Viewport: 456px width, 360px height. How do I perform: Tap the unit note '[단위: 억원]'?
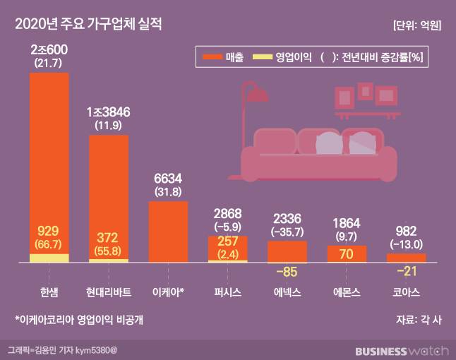coord(416,25)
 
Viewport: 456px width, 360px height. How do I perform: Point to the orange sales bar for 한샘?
coord(49,155)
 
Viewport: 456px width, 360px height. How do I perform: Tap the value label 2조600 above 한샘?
coord(49,52)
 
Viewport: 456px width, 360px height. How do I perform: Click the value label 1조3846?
coord(108,112)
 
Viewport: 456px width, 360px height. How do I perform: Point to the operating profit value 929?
coord(49,231)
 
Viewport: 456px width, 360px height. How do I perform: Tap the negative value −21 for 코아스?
coord(406,270)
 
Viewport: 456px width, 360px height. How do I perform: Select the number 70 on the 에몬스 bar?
coord(347,254)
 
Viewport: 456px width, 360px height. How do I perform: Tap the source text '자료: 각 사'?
coord(419,319)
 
